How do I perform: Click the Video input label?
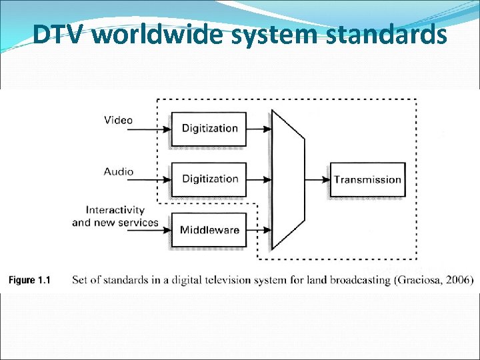click(118, 121)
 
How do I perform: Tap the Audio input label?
click(118, 171)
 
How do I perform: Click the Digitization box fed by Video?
click(209, 129)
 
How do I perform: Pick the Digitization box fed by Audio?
click(209, 179)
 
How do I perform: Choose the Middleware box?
click(209, 230)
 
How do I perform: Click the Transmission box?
click(367, 179)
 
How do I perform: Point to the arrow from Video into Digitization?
click(153, 129)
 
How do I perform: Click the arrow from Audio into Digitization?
click(153, 180)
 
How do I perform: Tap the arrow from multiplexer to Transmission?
click(317, 179)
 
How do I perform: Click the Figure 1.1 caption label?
click(29, 280)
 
